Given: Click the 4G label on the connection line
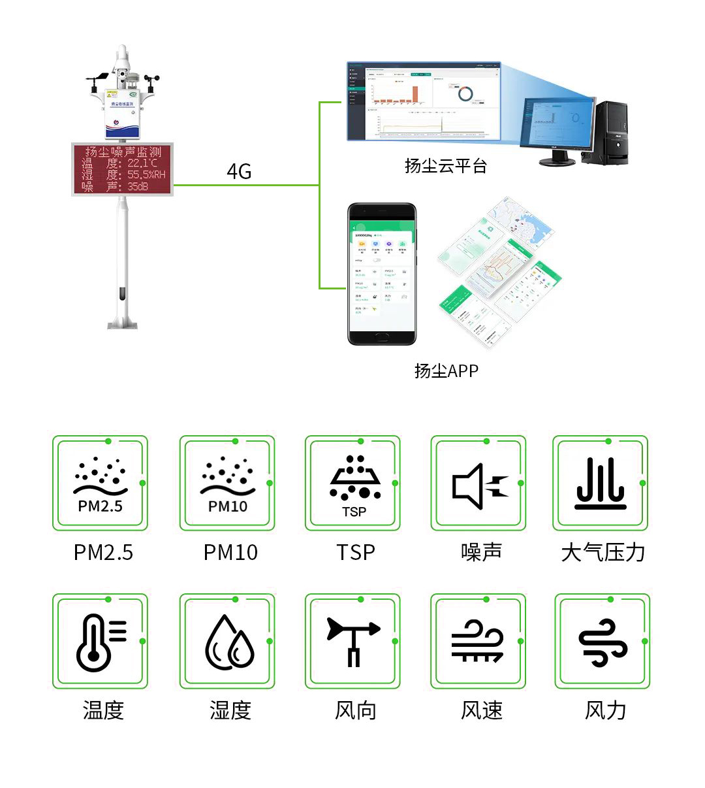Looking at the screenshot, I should click(x=239, y=171).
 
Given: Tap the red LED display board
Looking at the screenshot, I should click(x=123, y=169).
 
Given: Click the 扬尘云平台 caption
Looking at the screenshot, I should click(x=446, y=166).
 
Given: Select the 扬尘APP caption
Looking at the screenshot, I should click(x=446, y=371).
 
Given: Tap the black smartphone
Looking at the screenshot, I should click(x=382, y=274).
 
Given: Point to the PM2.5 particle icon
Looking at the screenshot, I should click(x=101, y=484).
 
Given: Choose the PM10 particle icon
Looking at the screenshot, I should click(x=227, y=484).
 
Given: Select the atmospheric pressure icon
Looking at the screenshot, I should click(x=601, y=484).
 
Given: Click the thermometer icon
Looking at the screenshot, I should click(x=100, y=642).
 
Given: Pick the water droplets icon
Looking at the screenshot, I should click(x=229, y=642).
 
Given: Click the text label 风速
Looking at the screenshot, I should click(x=482, y=710).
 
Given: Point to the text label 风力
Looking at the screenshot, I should click(x=605, y=710).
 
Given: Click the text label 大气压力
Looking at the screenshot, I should click(x=603, y=553).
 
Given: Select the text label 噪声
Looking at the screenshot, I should click(x=482, y=552).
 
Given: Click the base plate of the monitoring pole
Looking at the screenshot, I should click(x=123, y=323).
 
